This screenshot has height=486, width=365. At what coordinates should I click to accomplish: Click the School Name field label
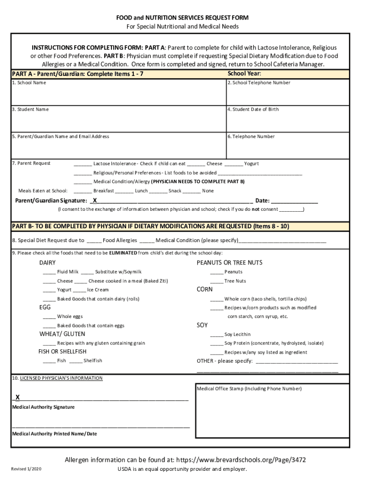(x=29, y=83)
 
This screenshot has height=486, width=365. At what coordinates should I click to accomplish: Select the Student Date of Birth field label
(x=253, y=110)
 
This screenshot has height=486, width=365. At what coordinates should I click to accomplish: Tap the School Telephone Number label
(x=259, y=83)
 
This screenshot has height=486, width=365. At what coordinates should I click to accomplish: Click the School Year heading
(x=244, y=74)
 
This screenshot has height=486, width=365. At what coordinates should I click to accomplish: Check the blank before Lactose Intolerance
(x=82, y=164)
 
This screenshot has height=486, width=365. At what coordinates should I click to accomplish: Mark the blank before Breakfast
(x=82, y=191)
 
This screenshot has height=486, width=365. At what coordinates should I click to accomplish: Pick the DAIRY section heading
(x=47, y=263)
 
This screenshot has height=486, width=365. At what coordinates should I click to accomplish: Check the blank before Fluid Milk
(x=49, y=272)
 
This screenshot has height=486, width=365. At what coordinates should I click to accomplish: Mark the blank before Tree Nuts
(x=216, y=281)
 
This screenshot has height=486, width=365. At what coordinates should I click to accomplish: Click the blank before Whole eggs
(x=49, y=317)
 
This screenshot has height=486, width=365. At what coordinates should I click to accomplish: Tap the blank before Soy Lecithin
(x=216, y=335)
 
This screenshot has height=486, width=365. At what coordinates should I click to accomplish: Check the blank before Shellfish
(x=75, y=361)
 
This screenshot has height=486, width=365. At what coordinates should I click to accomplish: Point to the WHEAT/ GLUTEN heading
(x=62, y=334)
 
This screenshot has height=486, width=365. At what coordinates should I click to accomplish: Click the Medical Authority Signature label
(x=43, y=407)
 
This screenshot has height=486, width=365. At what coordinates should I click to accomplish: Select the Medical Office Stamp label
(x=249, y=389)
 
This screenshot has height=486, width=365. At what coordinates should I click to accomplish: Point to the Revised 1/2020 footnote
(x=27, y=469)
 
